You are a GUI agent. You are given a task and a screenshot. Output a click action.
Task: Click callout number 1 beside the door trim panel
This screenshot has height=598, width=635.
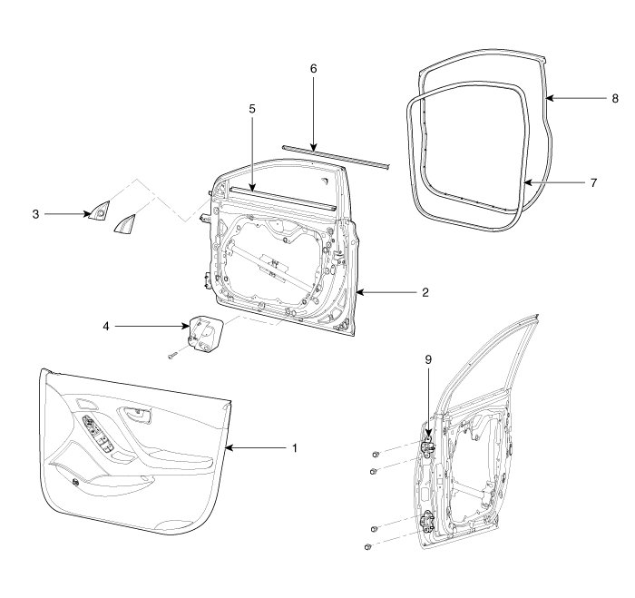tap(293, 447)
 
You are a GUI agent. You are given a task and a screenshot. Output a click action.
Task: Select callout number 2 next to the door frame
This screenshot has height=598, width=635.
tap(425, 292)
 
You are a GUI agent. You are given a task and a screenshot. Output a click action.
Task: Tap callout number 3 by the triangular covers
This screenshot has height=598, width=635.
tap(35, 214)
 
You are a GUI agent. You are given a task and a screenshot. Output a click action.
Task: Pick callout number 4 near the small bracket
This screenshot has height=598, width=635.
tap(108, 325)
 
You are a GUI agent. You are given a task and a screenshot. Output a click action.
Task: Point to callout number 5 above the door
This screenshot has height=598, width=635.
tap(252, 109)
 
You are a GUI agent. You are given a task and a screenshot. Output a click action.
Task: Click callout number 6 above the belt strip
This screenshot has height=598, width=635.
tap(313, 69)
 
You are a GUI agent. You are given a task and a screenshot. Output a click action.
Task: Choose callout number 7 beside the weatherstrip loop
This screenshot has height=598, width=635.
tap(593, 182)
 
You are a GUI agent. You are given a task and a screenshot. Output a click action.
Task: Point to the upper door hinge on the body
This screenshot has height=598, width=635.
tap(427, 446)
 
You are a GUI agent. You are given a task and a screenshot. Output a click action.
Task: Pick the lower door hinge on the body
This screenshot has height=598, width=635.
tap(427, 524)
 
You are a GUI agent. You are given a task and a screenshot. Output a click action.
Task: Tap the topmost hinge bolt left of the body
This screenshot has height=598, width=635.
tap(376, 452)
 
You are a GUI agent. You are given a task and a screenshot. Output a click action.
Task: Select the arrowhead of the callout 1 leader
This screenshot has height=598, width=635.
tap(229, 447)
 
